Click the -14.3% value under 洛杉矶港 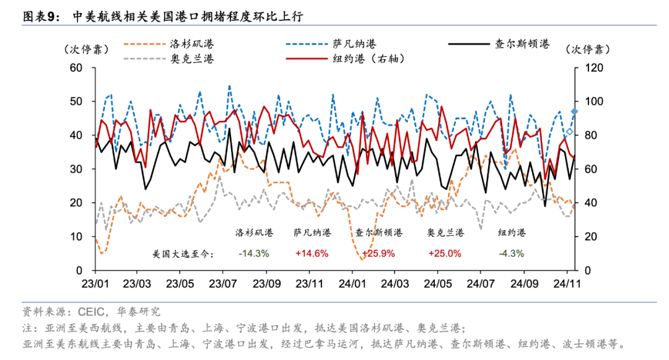click(253, 253)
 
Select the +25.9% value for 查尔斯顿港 click(378, 253)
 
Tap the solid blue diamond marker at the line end click(574, 112)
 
